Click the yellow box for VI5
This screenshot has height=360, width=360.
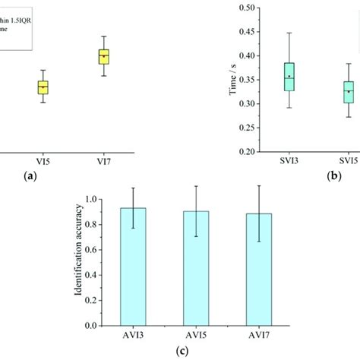click(x=43, y=88)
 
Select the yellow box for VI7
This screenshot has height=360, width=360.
click(x=104, y=56)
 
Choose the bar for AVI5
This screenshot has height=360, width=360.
click(x=196, y=267)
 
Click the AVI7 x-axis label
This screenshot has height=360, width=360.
click(x=259, y=336)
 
